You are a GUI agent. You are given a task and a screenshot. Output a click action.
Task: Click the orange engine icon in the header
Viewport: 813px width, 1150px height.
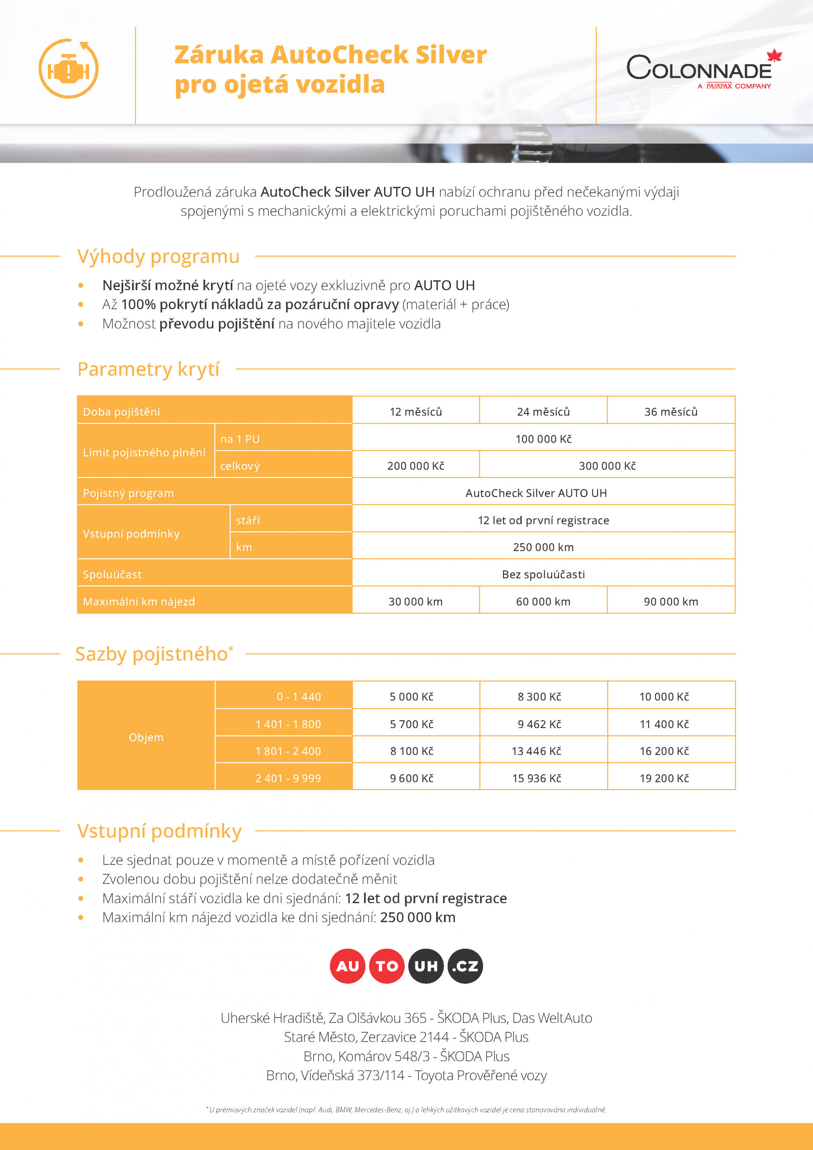(x=69, y=69)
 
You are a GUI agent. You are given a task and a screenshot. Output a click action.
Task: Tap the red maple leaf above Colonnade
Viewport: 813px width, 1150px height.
(x=774, y=55)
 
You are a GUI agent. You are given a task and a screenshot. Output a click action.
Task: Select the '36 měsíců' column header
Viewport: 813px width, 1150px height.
(x=671, y=412)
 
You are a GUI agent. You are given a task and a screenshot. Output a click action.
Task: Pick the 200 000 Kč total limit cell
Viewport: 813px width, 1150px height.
(x=415, y=466)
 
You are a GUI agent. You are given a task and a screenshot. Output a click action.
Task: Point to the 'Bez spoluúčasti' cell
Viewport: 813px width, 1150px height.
(x=543, y=574)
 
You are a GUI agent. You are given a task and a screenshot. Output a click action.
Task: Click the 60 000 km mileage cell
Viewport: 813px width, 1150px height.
(x=543, y=601)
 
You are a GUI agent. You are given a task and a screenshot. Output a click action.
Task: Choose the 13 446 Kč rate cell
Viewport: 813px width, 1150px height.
(x=536, y=751)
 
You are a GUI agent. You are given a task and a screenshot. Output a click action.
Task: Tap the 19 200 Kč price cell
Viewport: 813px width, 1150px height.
(x=664, y=778)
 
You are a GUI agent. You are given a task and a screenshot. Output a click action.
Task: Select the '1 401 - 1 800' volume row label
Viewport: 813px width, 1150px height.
(x=288, y=724)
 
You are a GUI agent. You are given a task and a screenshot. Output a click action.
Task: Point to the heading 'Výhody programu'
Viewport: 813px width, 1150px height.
(x=158, y=256)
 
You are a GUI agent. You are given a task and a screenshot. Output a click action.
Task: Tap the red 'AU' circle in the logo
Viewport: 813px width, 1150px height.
(x=347, y=966)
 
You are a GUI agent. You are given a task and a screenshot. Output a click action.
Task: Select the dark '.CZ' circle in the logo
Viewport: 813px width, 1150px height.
(x=465, y=966)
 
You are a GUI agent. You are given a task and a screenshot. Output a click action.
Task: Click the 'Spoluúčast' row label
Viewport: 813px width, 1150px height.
(x=112, y=574)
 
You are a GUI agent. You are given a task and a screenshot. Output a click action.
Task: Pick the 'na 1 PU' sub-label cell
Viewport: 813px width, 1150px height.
(x=240, y=439)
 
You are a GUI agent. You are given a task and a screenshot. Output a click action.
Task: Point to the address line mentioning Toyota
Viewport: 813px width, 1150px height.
(x=406, y=1075)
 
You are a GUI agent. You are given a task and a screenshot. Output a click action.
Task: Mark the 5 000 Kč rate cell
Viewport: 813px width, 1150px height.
(x=412, y=696)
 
